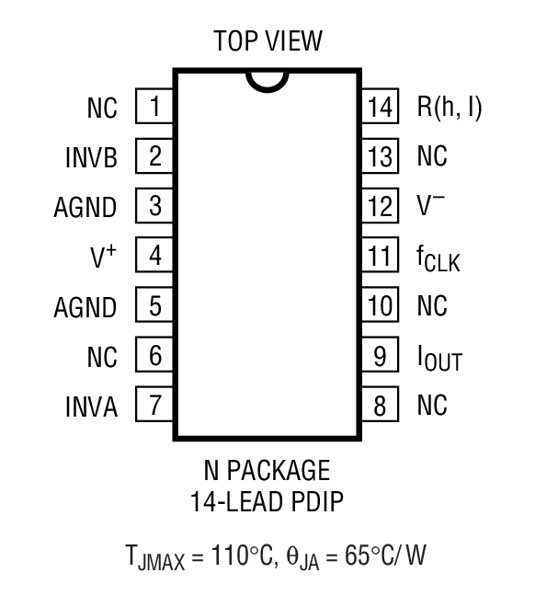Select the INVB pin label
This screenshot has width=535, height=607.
pyautogui.click(x=91, y=157)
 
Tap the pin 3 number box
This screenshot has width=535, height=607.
pyautogui.click(x=155, y=205)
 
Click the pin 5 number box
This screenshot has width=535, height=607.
pyautogui.click(x=155, y=304)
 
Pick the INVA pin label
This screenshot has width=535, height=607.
pyautogui.click(x=91, y=406)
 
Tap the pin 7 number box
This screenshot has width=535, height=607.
pyautogui.click(x=155, y=404)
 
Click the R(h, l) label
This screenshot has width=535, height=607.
pyautogui.click(x=450, y=108)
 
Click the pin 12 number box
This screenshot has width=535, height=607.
pyautogui.click(x=379, y=205)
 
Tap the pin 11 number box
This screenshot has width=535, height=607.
pyautogui.click(x=379, y=255)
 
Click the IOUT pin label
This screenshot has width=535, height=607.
pyautogui.click(x=438, y=358)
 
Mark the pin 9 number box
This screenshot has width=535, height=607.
pyautogui.click(x=379, y=354)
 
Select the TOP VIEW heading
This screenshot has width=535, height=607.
pyautogui.click(x=267, y=41)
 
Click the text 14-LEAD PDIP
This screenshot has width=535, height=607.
pyautogui.click(x=267, y=503)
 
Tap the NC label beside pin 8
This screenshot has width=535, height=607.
pyautogui.click(x=432, y=405)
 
